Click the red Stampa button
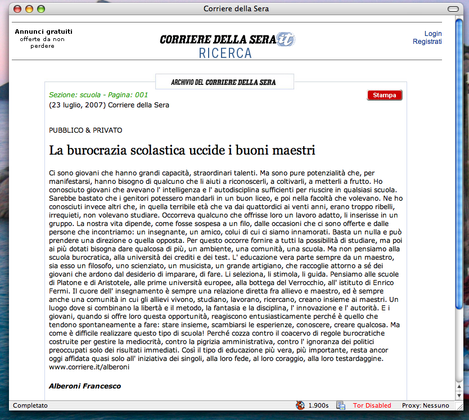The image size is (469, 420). [385, 95]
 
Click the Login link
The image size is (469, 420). [433, 34]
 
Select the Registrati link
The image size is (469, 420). [427, 42]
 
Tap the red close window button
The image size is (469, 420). [17, 9]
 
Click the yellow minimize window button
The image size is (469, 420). [29, 9]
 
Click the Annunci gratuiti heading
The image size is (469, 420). [43, 31]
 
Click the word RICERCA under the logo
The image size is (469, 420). [226, 53]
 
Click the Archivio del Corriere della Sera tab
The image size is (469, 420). [224, 82]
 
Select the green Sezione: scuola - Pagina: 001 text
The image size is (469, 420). [98, 95]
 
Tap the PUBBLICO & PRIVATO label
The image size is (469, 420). [85, 130]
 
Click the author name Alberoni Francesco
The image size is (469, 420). [85, 386]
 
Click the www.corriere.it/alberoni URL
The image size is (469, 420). [89, 367]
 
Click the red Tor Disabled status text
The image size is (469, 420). [372, 405]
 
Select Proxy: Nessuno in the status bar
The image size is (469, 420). [425, 405]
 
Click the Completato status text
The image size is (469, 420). [30, 405]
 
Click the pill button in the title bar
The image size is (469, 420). [453, 9]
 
